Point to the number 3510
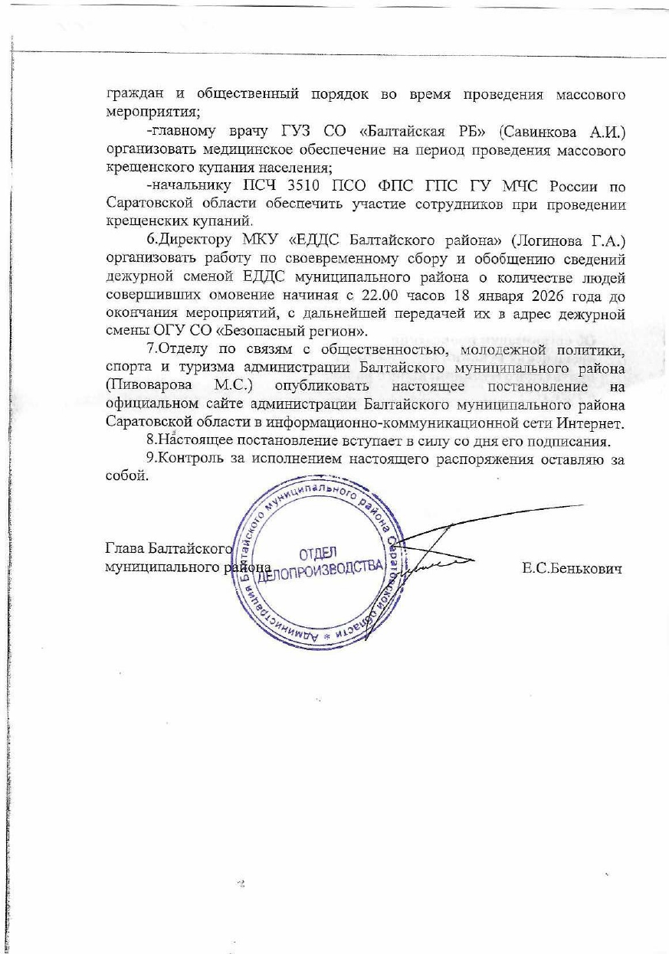312,186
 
